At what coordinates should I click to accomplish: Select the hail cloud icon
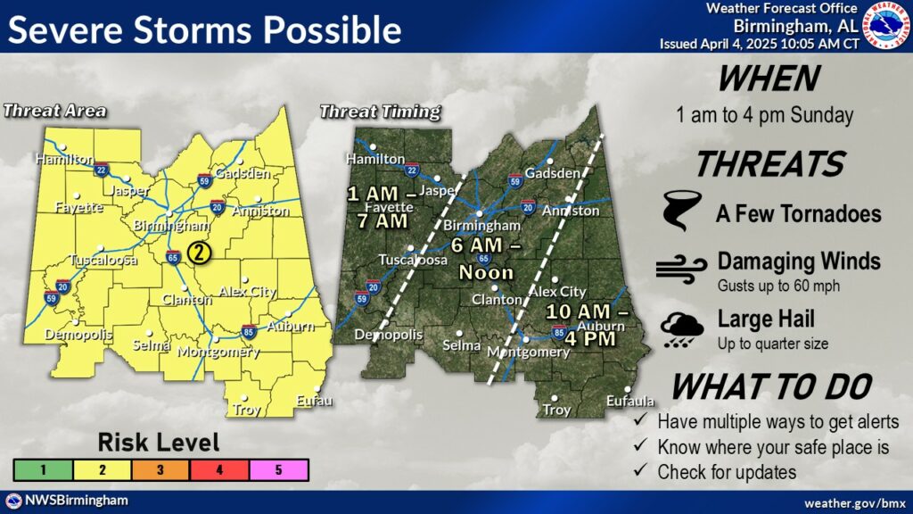point(681,327)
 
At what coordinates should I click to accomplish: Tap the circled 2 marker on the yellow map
point(201,253)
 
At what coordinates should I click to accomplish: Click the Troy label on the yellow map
point(245,410)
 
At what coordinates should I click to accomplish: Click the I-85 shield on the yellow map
point(251,330)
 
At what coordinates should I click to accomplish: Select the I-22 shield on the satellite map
point(412,170)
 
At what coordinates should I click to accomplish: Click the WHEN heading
point(768,79)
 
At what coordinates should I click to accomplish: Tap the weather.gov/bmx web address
point(854,504)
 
